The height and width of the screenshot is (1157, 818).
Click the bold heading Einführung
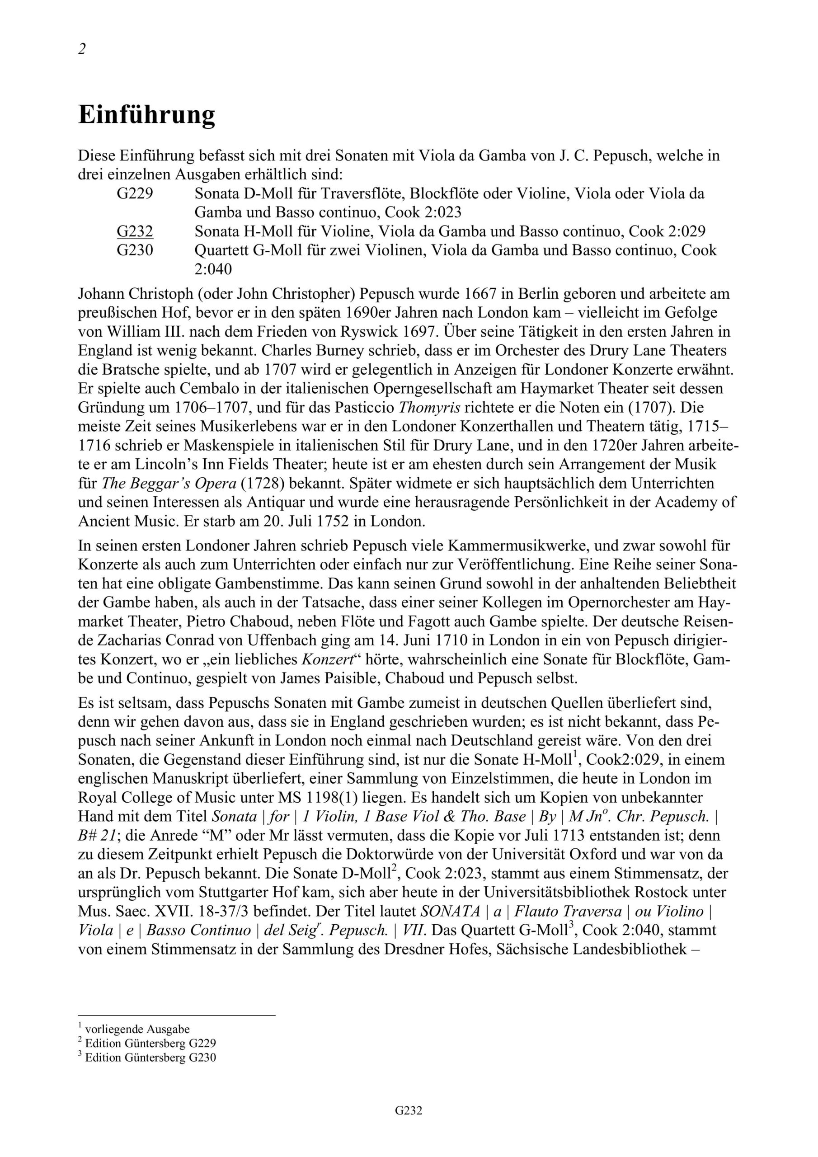(x=147, y=115)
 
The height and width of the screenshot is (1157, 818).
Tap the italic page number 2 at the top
(x=82, y=49)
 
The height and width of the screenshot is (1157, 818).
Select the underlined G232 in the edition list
(x=135, y=231)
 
